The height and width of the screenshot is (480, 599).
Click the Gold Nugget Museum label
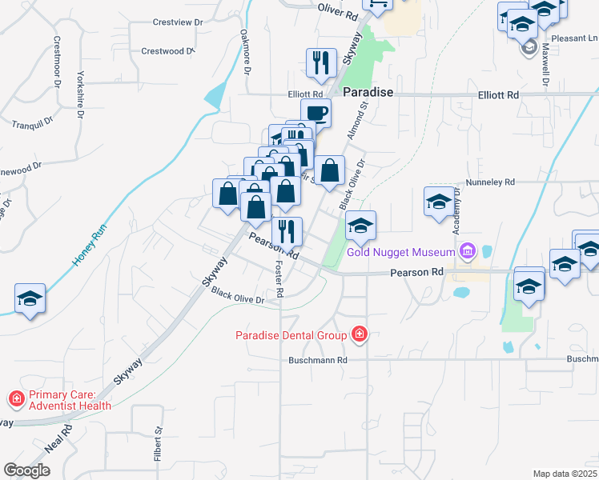[400, 253]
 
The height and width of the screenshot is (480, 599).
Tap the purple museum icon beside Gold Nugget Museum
[467, 253]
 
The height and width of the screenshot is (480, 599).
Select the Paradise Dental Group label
[291, 334]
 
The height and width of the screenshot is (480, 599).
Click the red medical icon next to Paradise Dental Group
[359, 334]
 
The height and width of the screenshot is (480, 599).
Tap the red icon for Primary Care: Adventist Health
[16, 398]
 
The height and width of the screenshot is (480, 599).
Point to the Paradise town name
[368, 93]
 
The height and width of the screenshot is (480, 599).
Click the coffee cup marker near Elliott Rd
[316, 112]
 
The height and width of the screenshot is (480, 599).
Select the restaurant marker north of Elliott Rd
[321, 62]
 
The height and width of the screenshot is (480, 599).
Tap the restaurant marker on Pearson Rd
[287, 231]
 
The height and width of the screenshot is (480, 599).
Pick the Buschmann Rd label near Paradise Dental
[318, 360]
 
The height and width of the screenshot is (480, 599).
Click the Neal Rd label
[58, 439]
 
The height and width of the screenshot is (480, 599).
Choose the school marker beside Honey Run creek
[30, 299]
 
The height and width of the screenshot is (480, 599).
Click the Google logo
[26, 470]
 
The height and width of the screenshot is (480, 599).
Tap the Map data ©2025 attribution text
[565, 474]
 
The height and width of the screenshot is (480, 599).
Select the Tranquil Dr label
[32, 123]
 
